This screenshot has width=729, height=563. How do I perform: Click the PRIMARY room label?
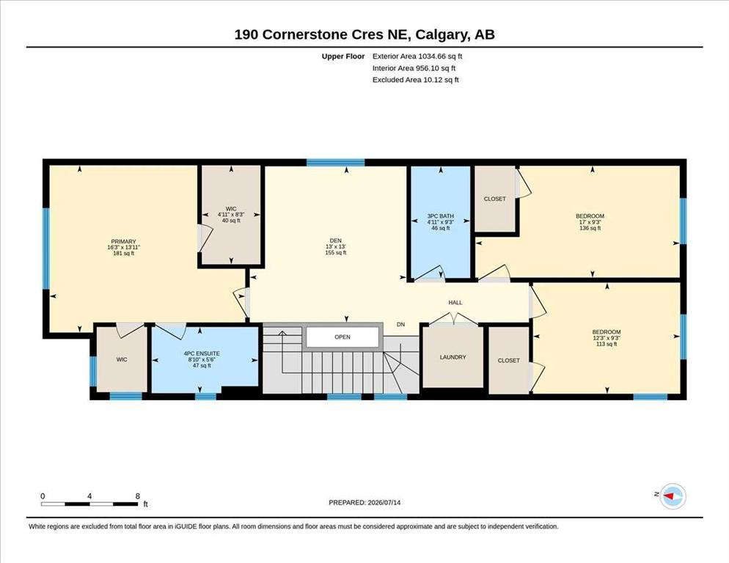pyautogui.click(x=123, y=242)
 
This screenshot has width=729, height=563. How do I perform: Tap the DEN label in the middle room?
pyautogui.click(x=336, y=241)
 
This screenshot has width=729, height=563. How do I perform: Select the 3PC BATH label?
pyautogui.click(x=440, y=216)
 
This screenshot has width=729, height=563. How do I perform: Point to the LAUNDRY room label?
pyautogui.click(x=453, y=358)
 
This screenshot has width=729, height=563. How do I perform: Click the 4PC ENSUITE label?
pyautogui.click(x=202, y=354)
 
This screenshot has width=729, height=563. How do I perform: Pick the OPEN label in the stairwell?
pyautogui.click(x=342, y=337)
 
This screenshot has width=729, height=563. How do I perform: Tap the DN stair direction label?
pyautogui.click(x=400, y=325)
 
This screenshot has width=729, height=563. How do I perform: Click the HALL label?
pyautogui.click(x=455, y=303)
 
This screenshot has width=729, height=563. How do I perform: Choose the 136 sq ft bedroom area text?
pyautogui.click(x=590, y=228)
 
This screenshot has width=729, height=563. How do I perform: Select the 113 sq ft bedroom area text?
pyautogui.click(x=607, y=344)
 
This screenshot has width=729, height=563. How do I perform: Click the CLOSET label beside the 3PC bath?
pyautogui.click(x=494, y=199)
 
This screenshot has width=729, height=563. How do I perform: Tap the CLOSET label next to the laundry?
pyautogui.click(x=509, y=361)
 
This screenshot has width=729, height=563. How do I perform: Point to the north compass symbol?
pyautogui.click(x=673, y=496)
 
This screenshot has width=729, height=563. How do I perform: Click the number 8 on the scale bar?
pyautogui.click(x=138, y=496)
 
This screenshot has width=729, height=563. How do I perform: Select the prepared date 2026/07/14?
pyautogui.click(x=384, y=503)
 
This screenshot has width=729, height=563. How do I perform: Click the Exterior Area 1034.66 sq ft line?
pyautogui.click(x=417, y=56)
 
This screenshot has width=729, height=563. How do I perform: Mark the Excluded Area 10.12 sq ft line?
pyautogui.click(x=415, y=79)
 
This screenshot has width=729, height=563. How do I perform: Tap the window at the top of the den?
pyautogui.click(x=336, y=162)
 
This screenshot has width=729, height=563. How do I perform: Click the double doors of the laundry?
pyautogui.click(x=453, y=319)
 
